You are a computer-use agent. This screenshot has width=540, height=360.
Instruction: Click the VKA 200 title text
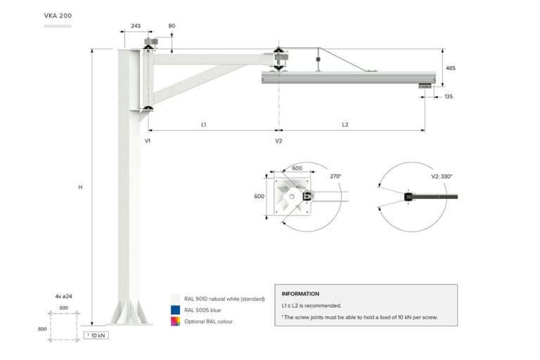58,15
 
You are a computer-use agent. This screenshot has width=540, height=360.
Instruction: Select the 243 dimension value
136,26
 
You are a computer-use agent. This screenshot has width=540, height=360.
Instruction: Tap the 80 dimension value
172,26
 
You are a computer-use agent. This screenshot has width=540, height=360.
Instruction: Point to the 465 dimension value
451,68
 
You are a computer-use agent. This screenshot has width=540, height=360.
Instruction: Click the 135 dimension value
448,96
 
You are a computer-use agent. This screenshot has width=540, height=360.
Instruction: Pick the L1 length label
203,124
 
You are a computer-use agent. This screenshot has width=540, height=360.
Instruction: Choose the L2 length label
345,124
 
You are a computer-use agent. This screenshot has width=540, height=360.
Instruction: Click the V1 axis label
148,141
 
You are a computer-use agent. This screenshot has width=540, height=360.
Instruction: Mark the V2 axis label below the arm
278,141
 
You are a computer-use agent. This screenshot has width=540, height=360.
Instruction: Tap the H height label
80,187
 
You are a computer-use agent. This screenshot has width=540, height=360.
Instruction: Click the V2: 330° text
442,176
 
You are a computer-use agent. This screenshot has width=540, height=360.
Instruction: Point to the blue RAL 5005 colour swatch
175,309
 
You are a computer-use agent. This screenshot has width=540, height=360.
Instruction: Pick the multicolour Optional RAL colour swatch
175,321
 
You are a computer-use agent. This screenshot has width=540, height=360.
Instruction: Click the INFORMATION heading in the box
300,294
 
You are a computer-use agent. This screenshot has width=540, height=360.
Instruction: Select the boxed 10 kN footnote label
96,335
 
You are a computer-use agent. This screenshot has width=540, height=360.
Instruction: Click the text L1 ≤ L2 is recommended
311,306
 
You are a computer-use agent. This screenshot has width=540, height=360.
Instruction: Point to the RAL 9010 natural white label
224,298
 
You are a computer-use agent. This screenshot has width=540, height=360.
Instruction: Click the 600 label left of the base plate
259,196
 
